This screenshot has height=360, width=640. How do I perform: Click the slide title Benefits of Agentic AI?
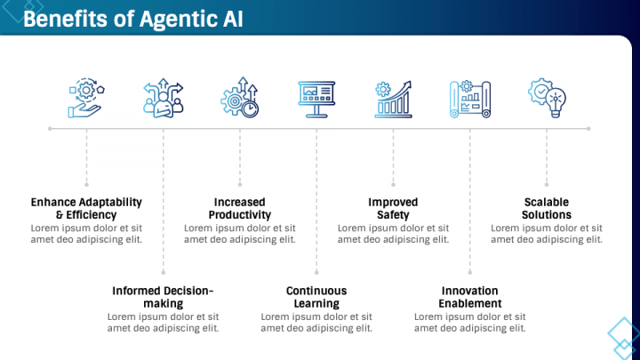(x=133, y=19)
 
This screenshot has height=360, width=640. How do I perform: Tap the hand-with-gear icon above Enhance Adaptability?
(x=86, y=98)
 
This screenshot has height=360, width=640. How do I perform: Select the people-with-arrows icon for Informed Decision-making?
(x=163, y=98)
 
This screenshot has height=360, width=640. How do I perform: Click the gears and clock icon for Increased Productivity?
(x=240, y=98)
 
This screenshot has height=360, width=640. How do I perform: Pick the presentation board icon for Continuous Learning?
(x=316, y=98)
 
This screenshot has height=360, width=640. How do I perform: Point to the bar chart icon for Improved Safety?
(x=393, y=98)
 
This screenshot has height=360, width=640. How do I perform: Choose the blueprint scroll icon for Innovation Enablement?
(x=469, y=98)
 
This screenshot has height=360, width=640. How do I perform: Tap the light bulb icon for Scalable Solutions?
(x=547, y=98)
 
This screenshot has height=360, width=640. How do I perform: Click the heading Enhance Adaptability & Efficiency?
(x=86, y=208)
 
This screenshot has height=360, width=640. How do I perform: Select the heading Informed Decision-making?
(x=163, y=297)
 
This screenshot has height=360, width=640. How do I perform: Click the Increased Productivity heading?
(x=240, y=208)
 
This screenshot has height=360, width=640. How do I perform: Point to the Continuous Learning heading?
(x=316, y=297)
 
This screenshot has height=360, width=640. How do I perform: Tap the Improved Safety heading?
(x=393, y=208)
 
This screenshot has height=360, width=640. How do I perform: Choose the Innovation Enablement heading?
(x=469, y=297)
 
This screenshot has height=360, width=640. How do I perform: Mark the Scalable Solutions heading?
(x=547, y=208)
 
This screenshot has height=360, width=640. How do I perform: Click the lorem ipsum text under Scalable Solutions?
(x=547, y=233)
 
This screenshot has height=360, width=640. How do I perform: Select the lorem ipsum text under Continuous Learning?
(x=316, y=322)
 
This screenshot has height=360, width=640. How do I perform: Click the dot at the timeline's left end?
(x=50, y=129)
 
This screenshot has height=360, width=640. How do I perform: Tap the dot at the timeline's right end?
(x=590, y=129)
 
